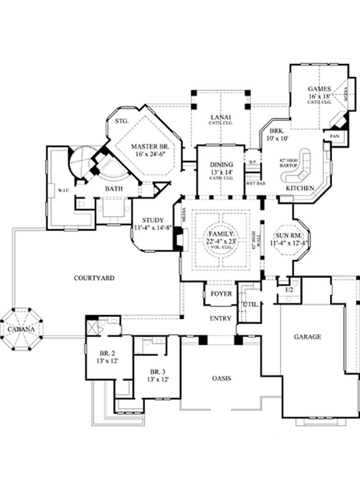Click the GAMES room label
point(319,89)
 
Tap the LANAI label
point(221,118)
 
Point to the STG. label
point(122,121)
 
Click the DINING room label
point(221,164)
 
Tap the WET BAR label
point(255,183)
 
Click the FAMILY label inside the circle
point(220,235)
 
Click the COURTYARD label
point(94,278)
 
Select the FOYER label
point(220,294)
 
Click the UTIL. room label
point(251,305)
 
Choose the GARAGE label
point(307,336)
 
